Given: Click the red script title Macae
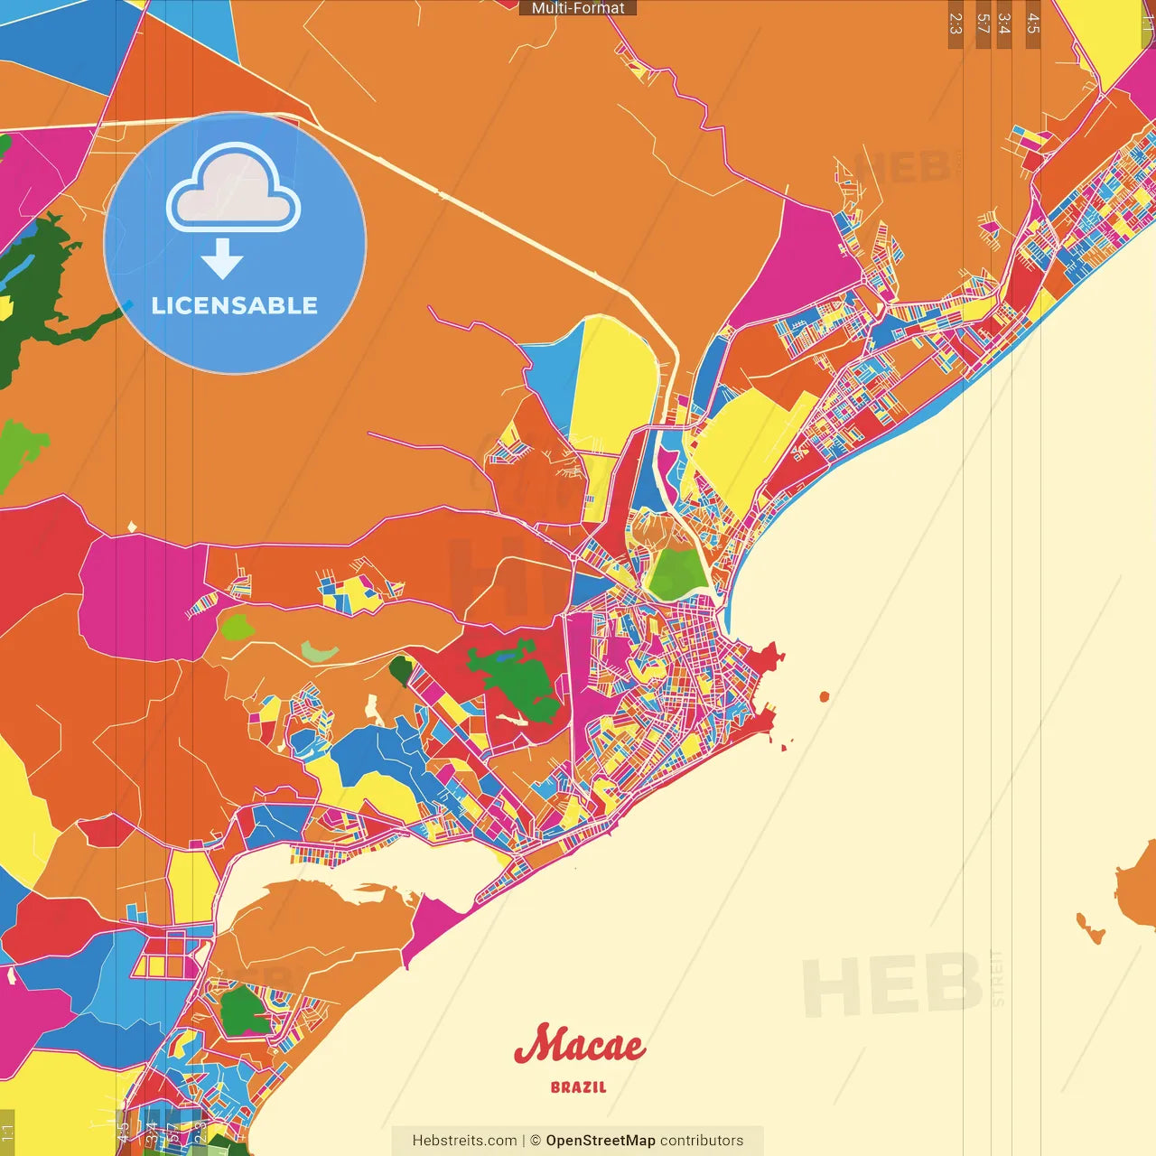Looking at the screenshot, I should click(579, 1046).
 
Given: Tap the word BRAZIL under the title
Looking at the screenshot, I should click(579, 1087).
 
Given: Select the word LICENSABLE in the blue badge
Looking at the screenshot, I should click(235, 306).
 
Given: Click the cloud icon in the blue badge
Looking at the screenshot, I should click(234, 188).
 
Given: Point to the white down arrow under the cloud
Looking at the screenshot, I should click(222, 259).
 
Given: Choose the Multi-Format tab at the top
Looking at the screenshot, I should click(578, 8).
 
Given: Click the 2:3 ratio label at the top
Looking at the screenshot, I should click(956, 23).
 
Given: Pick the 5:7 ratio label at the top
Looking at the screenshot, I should click(983, 23).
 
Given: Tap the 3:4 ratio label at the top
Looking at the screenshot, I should click(1004, 23).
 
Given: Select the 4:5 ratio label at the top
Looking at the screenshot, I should click(1032, 23).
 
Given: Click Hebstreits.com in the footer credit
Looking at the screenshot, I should click(464, 1141).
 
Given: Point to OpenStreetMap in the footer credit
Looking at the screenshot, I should click(600, 1141).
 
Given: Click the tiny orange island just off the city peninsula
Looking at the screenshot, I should click(824, 696).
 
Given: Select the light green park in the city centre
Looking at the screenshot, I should click(677, 573).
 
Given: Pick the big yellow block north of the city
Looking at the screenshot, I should click(614, 384).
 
